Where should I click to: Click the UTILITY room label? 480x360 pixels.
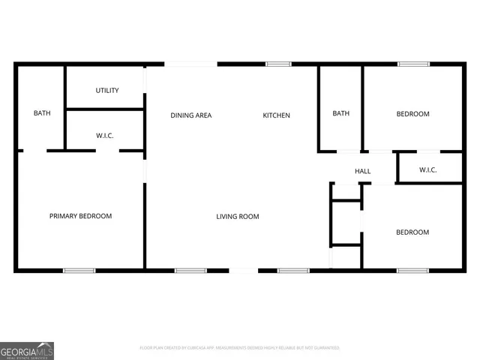tap(107, 91)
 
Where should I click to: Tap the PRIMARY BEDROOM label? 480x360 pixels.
tap(80, 216)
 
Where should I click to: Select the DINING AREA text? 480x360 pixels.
tap(191, 115)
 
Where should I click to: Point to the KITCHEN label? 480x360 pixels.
tap(276, 115)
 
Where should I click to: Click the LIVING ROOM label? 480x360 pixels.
tap(238, 217)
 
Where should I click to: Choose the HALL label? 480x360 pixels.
tap(363, 172)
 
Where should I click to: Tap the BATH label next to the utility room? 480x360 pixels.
tap(42, 113)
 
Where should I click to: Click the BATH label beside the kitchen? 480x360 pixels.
tap(341, 114)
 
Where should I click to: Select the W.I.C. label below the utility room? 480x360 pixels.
tap(105, 136)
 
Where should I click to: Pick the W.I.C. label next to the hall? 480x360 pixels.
tap(428, 169)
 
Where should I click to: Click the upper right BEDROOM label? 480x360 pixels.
tap(412, 114)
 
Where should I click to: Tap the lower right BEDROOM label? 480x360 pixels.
tap(412, 232)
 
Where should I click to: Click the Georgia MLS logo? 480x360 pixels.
tap(27, 350)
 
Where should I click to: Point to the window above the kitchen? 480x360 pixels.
tap(278, 64)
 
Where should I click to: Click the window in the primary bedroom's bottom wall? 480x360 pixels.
tap(79, 270)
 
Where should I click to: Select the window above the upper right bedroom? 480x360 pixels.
tap(413, 64)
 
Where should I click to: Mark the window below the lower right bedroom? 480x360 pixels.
tap(412, 270)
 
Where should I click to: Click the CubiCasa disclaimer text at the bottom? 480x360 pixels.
tap(240, 348)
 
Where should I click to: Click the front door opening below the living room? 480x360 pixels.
tap(242, 270)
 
